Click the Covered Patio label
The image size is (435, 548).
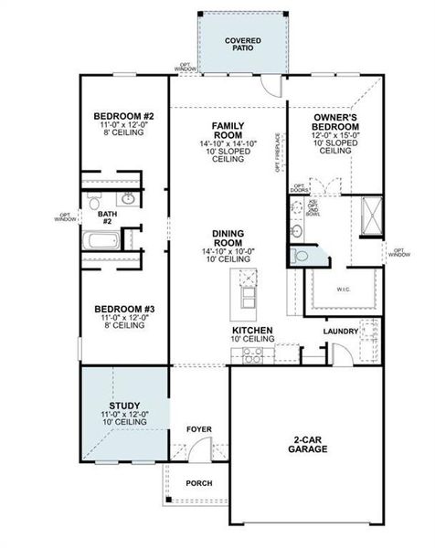(x=241, y=44)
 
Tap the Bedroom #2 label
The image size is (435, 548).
(x=122, y=117)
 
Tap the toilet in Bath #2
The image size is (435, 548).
(x=94, y=198)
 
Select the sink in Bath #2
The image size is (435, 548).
(x=129, y=198)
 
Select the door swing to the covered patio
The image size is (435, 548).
(x=270, y=86)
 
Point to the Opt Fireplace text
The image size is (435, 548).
(x=278, y=153)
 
